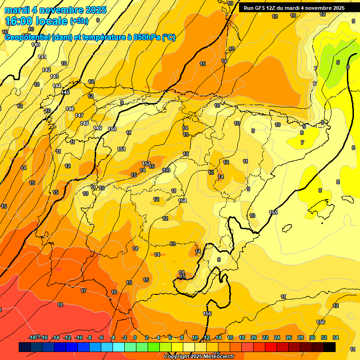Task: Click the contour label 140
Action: (36, 45)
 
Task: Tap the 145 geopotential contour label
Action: (65, 93)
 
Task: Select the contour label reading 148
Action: (84, 124)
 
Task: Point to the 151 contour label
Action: (121, 150)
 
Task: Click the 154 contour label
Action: (182, 201)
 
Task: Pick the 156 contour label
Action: (321, 322)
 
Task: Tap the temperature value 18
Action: (60, 305)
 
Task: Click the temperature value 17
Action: (83, 291)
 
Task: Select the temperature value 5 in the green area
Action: (337, 62)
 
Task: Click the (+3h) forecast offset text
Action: (78, 21)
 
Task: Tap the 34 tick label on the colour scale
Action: (335, 337)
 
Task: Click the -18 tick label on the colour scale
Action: (32, 337)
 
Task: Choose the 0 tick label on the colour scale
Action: (135, 337)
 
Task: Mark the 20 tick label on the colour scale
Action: (253, 337)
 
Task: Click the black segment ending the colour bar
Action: (330, 347)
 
